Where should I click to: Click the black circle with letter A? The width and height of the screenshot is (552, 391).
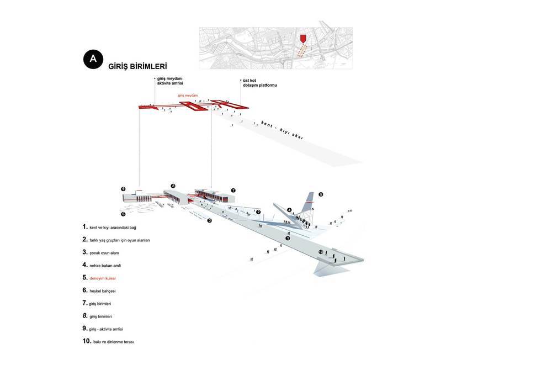(x=93, y=59)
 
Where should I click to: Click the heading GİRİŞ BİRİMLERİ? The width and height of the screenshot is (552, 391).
(x=137, y=66)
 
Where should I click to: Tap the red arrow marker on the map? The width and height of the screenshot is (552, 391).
(x=302, y=39)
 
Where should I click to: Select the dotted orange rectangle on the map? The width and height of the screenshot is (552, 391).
(x=302, y=51)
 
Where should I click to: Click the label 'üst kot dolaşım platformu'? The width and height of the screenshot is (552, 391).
(x=260, y=83)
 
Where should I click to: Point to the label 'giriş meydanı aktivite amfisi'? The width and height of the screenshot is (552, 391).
(x=170, y=81)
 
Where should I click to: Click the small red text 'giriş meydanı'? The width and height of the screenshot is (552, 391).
(x=188, y=96)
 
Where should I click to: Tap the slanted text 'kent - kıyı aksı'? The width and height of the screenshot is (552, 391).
(x=282, y=130)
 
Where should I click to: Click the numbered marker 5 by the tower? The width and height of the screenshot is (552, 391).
(x=321, y=194)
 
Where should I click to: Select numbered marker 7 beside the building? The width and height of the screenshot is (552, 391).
(x=233, y=191)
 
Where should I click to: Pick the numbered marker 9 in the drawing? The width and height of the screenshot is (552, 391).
(x=123, y=189)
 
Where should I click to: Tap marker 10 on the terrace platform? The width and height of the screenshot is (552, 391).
(x=321, y=252)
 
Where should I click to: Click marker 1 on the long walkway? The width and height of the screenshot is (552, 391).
(x=288, y=239)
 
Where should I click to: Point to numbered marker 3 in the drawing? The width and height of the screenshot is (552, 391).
(x=209, y=220)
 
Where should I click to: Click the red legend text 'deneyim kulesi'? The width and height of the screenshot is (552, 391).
(x=103, y=278)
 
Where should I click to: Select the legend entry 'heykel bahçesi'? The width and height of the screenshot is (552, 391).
(x=103, y=291)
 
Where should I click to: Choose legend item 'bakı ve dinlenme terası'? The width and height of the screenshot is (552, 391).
(x=113, y=342)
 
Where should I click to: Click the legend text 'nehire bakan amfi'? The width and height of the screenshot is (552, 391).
(x=105, y=266)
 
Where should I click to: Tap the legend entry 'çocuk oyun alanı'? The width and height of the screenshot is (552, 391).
(x=104, y=253)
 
